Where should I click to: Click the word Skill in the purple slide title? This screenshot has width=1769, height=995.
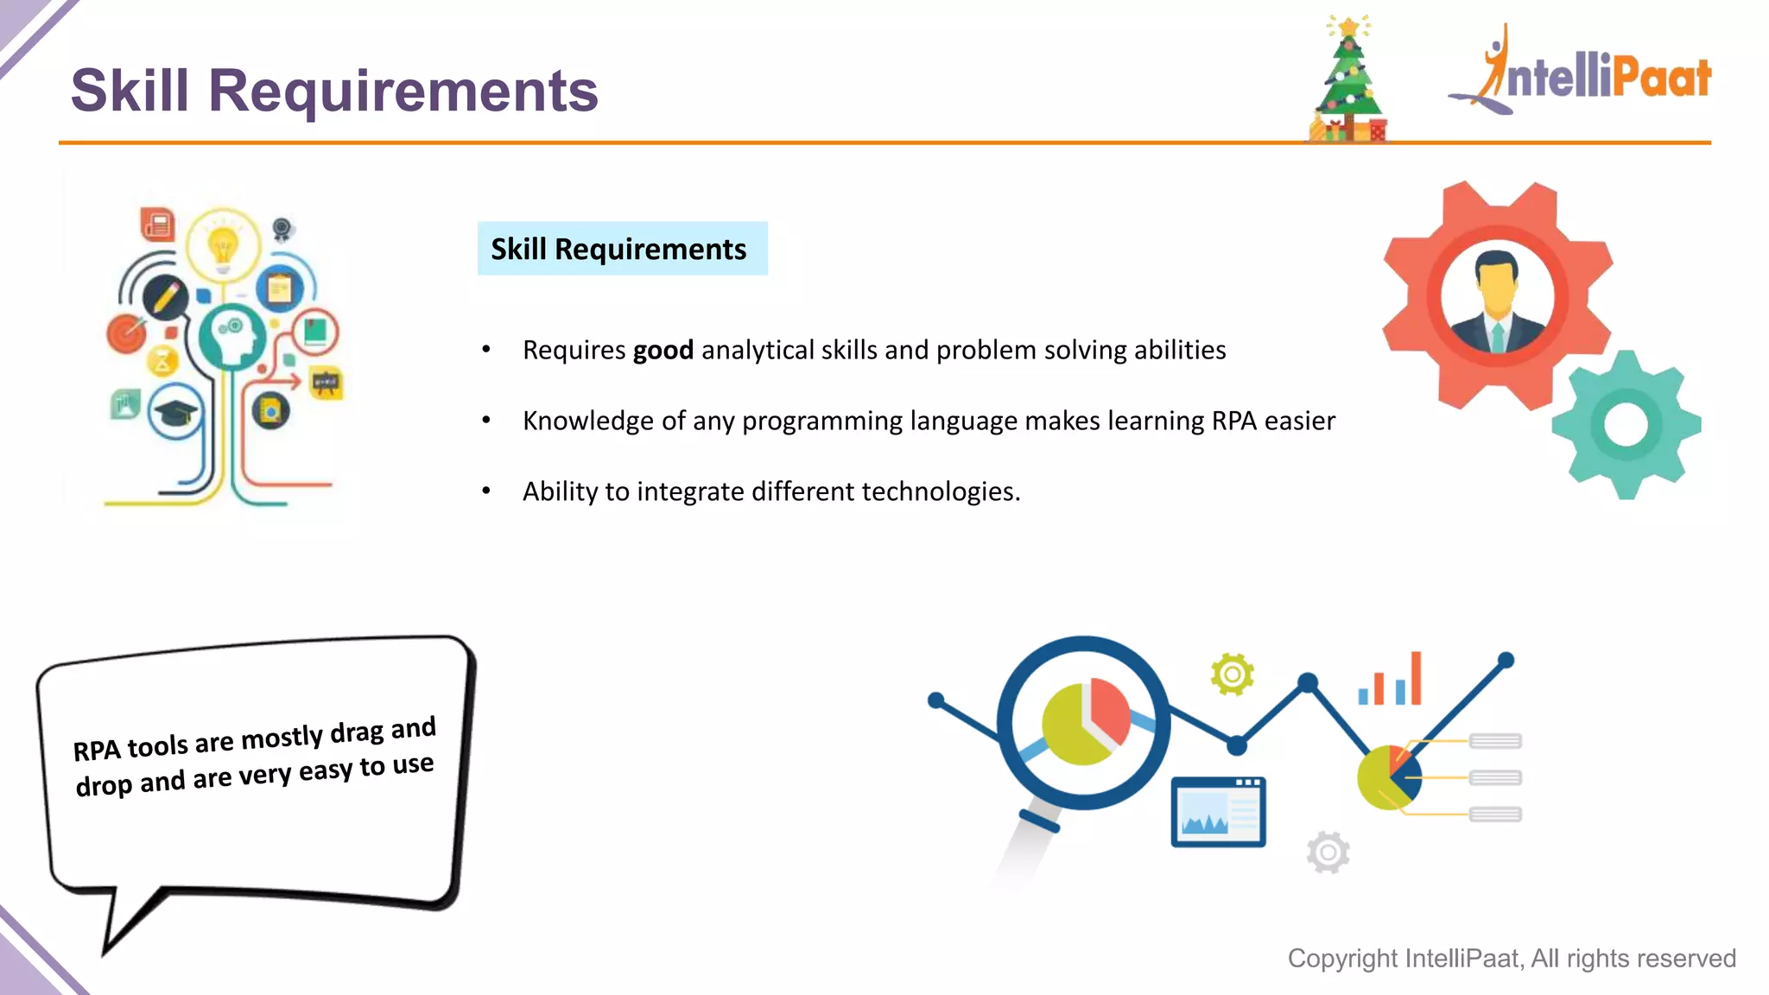[130, 91]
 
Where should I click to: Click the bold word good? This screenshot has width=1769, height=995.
[663, 350]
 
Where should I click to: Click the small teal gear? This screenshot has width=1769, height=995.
[1626, 425]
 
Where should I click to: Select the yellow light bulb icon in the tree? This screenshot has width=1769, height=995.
[223, 244]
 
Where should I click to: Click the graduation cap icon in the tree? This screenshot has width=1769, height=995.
[175, 413]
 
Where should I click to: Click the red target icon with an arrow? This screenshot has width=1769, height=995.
[127, 333]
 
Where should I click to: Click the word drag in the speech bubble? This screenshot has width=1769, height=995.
[356, 733]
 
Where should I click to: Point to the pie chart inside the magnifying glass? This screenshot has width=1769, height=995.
[1085, 722]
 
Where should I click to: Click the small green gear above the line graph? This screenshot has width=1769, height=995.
[1232, 674]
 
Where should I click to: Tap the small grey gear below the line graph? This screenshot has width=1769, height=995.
[1328, 852]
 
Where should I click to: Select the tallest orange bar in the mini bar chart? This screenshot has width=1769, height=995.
[1415, 678]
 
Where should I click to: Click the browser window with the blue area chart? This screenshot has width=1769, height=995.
[1218, 812]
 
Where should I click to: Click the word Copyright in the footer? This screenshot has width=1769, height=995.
[1342, 959]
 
